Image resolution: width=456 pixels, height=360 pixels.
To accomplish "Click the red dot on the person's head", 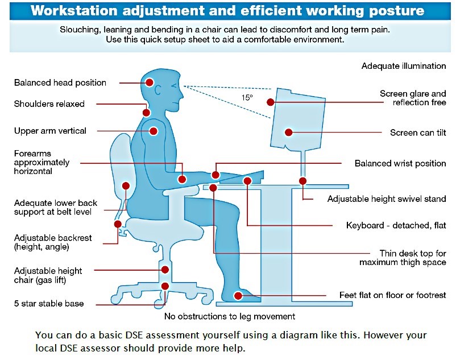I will pyautogui.click(x=150, y=82).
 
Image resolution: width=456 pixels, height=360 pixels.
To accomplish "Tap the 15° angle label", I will pyautogui.click(x=247, y=97).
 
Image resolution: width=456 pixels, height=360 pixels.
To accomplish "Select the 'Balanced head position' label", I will pyautogui.click(x=60, y=83).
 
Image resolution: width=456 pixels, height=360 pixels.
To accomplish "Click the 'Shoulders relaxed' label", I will pyautogui.click(x=49, y=104).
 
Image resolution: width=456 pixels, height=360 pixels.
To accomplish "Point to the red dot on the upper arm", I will pyautogui.click(x=152, y=131).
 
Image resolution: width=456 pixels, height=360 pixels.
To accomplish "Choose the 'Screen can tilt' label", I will pyautogui.click(x=418, y=133).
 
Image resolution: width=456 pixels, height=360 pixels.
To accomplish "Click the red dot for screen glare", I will pyautogui.click(x=271, y=102).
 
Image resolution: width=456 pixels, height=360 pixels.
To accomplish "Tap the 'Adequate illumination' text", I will pyautogui.click(x=404, y=66).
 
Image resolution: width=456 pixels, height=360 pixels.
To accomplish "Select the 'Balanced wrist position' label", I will pyautogui.click(x=400, y=164).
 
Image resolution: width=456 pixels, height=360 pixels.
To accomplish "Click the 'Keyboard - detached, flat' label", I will pyautogui.click(x=396, y=226).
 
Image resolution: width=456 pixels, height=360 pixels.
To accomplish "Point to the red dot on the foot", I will pyautogui.click(x=239, y=296).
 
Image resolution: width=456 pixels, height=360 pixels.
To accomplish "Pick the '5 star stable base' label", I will pyautogui.click(x=49, y=304).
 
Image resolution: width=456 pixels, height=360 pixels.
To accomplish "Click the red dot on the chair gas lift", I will pyautogui.click(x=165, y=270).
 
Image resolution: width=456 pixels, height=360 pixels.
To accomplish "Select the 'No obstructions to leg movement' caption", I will pyautogui.click(x=230, y=316).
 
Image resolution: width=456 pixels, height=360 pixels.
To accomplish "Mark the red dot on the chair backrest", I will pyautogui.click(x=126, y=185).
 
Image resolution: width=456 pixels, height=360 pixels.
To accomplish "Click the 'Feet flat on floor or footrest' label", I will pyautogui.click(x=392, y=295).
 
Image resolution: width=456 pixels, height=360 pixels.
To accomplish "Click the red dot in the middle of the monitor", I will pyautogui.click(x=288, y=132).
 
